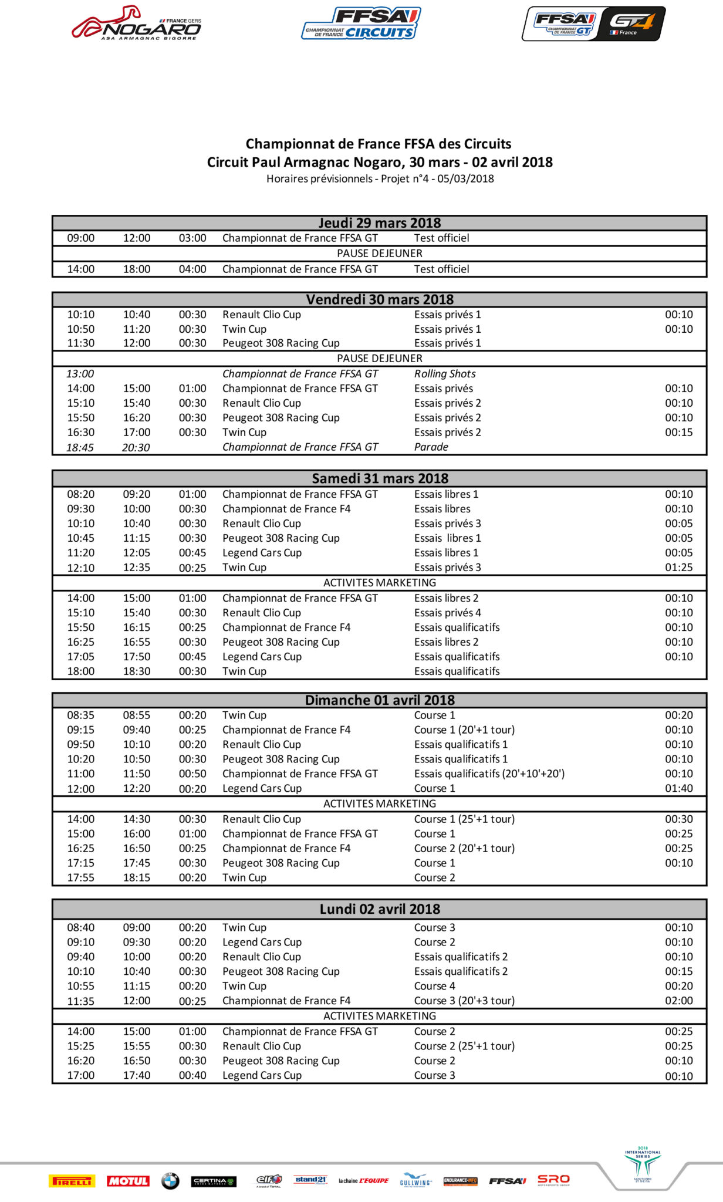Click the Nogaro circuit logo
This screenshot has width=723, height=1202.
tap(136, 23)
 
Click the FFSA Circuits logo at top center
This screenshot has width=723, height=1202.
tap(361, 23)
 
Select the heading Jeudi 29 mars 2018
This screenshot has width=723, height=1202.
tap(380, 223)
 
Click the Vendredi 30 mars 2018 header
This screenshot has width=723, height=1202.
tap(380, 299)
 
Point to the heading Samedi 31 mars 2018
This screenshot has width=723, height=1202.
tap(380, 478)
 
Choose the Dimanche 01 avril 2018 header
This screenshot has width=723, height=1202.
tap(380, 700)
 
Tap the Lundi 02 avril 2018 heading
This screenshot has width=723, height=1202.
tap(380, 909)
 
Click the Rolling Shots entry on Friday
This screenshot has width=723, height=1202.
tap(445, 374)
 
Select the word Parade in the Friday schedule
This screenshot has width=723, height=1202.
tap(431, 447)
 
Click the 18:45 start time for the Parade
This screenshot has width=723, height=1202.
tap(80, 447)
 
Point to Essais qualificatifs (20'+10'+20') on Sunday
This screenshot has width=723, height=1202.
tap(489, 774)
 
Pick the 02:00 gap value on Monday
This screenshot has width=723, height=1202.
tap(679, 1001)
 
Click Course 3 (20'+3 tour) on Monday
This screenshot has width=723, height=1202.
tap(464, 1001)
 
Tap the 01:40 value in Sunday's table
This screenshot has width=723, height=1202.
tap(679, 788)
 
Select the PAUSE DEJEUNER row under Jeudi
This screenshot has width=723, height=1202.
tap(380, 254)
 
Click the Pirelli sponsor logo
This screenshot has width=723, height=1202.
tap(72, 1181)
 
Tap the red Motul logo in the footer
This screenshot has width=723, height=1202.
tap(128, 1181)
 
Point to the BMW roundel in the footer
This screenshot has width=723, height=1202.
tap(170, 1181)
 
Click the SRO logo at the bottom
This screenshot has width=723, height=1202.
tap(553, 1180)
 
